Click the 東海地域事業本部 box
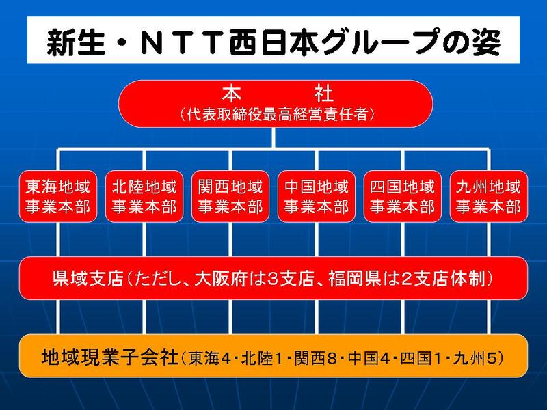(58, 196)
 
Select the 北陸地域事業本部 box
(144, 196)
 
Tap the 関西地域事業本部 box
(230, 196)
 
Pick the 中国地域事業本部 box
(317, 196)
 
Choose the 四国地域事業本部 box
(403, 196)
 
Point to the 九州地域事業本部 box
(489, 196)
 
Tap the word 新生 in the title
(76, 43)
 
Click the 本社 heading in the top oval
(278, 93)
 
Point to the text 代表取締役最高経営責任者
(278, 114)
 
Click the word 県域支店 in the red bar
(89, 278)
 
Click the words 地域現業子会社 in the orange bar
(110, 357)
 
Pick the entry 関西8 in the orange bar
(315, 358)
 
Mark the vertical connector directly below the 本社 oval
(273, 138)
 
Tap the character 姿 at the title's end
(487, 43)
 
